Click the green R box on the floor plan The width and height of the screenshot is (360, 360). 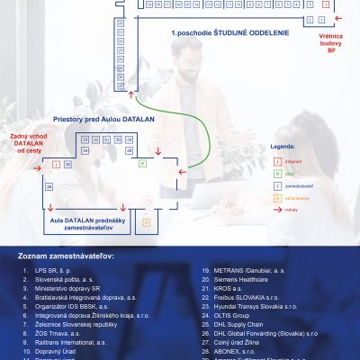[x=142, y=164]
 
